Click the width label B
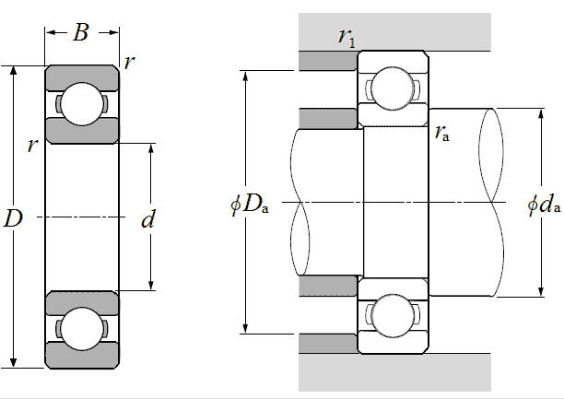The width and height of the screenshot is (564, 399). pyautogui.click(x=81, y=32)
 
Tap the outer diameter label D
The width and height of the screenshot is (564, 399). pyautogui.click(x=13, y=218)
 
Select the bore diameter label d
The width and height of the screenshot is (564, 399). pyautogui.click(x=147, y=219)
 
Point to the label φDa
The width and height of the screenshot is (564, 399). pyautogui.click(x=250, y=205)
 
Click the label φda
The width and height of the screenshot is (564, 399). pyautogui.click(x=544, y=205)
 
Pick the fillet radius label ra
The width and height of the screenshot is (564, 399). pyautogui.click(x=442, y=133)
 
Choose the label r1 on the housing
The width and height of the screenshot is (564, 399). pyautogui.click(x=347, y=37)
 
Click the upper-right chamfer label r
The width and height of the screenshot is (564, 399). pyautogui.click(x=129, y=62)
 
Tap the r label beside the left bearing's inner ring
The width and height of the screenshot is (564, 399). pyautogui.click(x=32, y=145)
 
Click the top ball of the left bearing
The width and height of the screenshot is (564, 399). pyautogui.click(x=82, y=104)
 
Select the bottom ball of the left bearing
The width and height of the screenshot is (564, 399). pyautogui.click(x=82, y=329)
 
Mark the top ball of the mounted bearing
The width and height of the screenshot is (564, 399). pyautogui.click(x=392, y=88)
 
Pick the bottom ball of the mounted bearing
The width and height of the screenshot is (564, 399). pyautogui.click(x=392, y=316)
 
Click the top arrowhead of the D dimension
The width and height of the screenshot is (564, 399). pyautogui.click(x=13, y=71)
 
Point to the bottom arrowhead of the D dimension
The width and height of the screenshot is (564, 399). pyautogui.click(x=13, y=363)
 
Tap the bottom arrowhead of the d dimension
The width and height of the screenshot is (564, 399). pyautogui.click(x=151, y=285)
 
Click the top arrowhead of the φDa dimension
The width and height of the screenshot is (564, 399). pyautogui.click(x=246, y=76)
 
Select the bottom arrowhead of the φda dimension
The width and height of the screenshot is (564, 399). pyautogui.click(x=541, y=291)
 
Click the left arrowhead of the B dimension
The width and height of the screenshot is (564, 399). pyautogui.click(x=51, y=32)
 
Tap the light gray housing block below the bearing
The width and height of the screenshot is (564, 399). pyautogui.click(x=394, y=372)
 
